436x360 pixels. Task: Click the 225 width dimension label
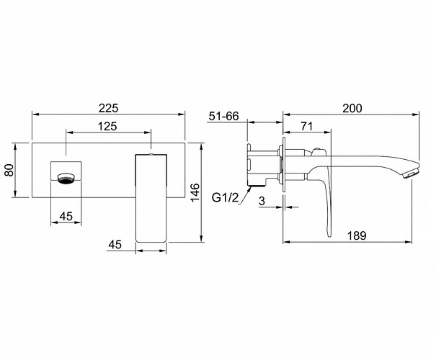108,108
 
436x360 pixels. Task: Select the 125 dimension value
107,127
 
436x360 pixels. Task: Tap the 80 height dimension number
9,170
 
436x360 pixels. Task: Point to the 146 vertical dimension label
195,192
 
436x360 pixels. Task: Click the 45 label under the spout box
66,216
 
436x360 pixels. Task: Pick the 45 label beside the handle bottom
115,245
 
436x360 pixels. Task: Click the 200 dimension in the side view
352,108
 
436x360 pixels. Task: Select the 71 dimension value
307,127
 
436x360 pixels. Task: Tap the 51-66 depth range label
224,116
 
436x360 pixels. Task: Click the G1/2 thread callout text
226,197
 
